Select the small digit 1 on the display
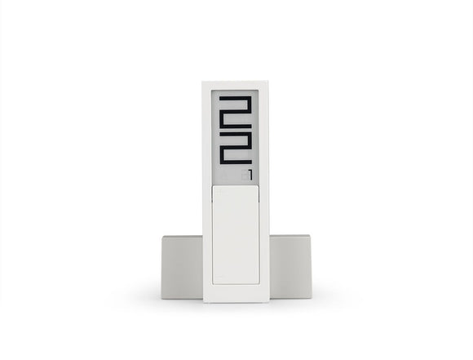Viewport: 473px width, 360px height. coord(250,175)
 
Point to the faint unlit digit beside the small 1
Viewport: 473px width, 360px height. coord(244,175)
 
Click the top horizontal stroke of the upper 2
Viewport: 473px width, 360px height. coord(235,98)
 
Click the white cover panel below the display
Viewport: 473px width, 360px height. coord(236,234)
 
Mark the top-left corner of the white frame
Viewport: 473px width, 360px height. coord(203,82)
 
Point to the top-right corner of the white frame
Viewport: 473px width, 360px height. coord(268,82)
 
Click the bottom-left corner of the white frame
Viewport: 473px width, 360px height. coord(203,302)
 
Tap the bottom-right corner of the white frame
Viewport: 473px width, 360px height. coord(268,302)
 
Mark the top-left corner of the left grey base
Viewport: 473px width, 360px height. coord(162,238)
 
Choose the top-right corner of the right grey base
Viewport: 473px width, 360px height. coord(310,237)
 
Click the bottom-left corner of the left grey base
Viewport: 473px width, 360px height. coord(162,299)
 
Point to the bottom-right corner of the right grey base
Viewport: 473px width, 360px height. coord(310,299)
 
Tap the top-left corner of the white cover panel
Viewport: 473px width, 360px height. coord(213,186)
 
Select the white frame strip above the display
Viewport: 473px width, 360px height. coord(236,86)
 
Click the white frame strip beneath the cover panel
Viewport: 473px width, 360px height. coord(236,293)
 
